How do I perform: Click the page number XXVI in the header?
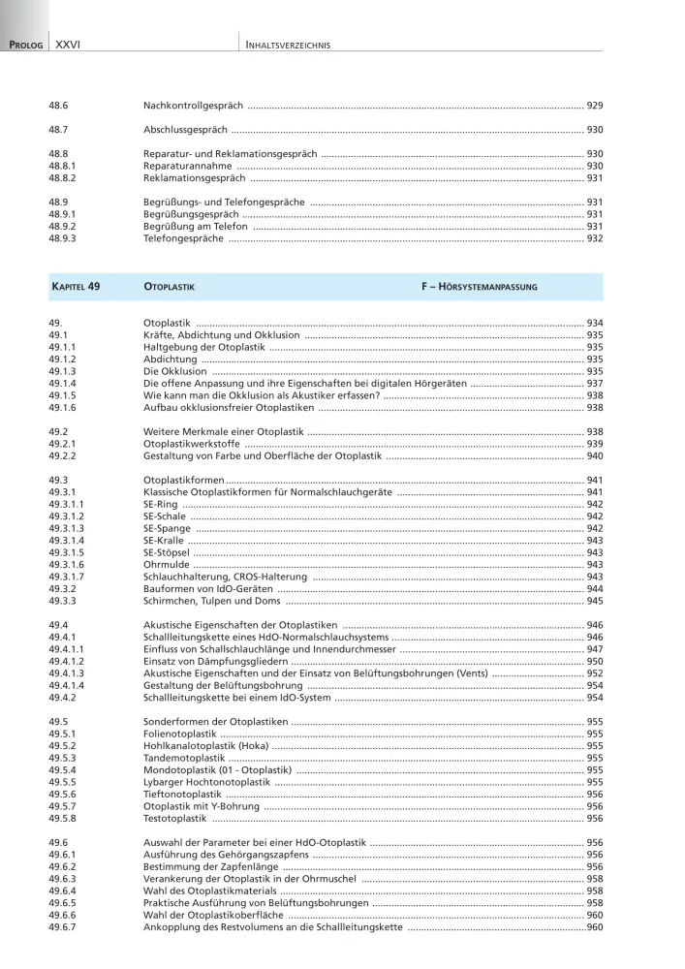[68, 45]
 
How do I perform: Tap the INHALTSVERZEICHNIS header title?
[290, 45]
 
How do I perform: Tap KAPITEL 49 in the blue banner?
[75, 287]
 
